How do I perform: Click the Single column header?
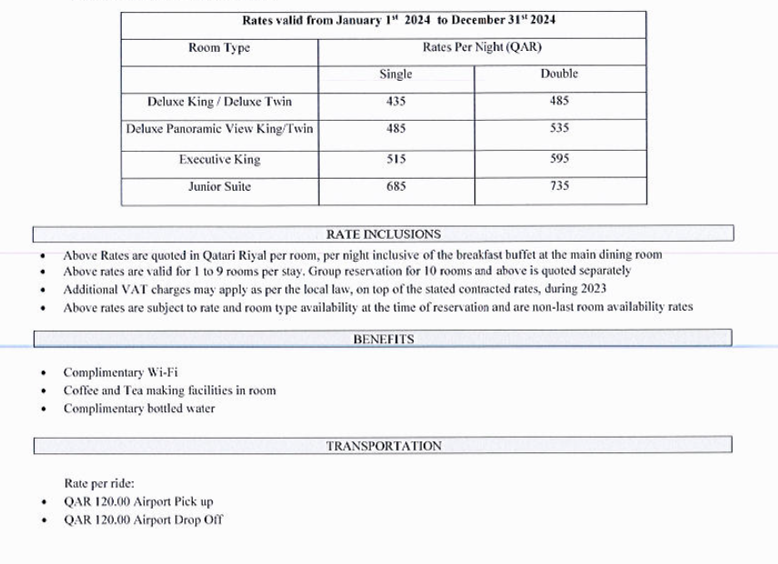(x=395, y=74)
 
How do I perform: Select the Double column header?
(x=559, y=74)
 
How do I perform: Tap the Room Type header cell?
(x=219, y=48)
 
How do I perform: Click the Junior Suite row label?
(x=219, y=186)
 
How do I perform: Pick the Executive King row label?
(x=219, y=160)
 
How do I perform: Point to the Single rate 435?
(x=395, y=102)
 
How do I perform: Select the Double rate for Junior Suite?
(x=559, y=186)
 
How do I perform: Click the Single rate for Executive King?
(x=395, y=159)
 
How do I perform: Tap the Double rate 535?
(x=559, y=128)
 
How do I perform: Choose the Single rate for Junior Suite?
(x=395, y=186)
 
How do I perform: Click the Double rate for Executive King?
(x=559, y=159)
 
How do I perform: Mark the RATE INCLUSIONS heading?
(x=383, y=234)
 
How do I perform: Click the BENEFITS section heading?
(x=383, y=340)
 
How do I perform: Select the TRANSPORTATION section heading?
(x=384, y=446)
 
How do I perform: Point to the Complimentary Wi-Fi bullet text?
(x=104, y=372)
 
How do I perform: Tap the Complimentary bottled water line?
(x=139, y=409)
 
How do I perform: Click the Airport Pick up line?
(x=138, y=501)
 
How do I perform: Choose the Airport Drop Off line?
(x=143, y=520)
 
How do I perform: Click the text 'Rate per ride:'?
(x=99, y=483)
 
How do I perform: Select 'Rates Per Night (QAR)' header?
(x=482, y=48)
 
